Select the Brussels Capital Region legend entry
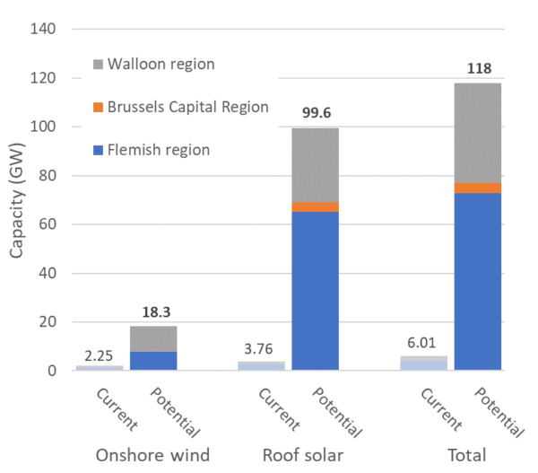click(x=179, y=107)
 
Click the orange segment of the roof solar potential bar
click(x=316, y=207)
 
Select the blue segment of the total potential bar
click(x=477, y=282)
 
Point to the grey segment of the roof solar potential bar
click(x=316, y=165)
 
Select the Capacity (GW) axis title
click(x=18, y=199)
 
